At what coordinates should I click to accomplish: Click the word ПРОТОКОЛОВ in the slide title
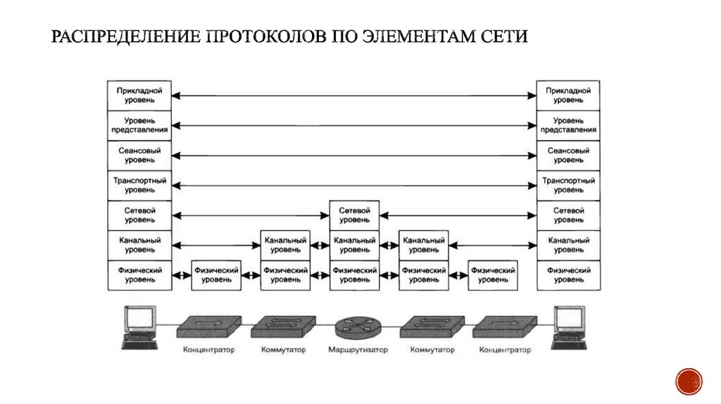click(x=263, y=36)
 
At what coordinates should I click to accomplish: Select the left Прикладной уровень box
click(x=140, y=96)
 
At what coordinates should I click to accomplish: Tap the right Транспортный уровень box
click(x=568, y=185)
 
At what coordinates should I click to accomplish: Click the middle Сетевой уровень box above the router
click(x=354, y=215)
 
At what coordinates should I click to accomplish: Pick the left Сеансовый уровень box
click(x=140, y=156)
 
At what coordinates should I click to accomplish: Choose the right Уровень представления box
click(x=568, y=125)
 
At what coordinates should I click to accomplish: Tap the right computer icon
click(x=571, y=327)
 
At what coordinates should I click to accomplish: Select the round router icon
click(x=355, y=327)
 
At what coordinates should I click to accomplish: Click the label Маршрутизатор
click(x=358, y=350)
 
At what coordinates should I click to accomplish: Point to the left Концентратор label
click(x=209, y=350)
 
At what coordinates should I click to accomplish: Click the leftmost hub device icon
click(x=208, y=326)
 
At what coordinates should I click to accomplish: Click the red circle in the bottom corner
click(x=689, y=381)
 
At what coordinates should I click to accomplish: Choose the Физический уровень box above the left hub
click(x=216, y=275)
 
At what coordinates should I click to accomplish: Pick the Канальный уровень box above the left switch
click(x=285, y=245)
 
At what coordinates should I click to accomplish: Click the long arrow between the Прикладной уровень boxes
click(x=354, y=95)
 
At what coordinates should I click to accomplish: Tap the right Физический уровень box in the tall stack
click(x=568, y=275)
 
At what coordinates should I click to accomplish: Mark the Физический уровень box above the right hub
click(x=492, y=275)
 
